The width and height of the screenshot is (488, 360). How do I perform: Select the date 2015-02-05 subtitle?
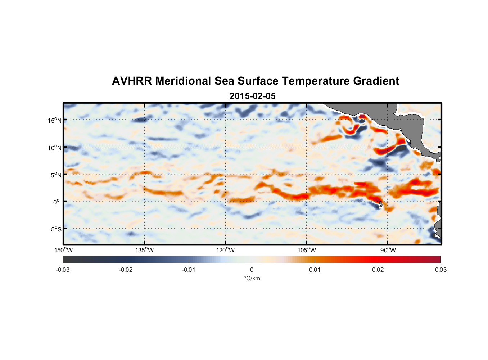pos(252,96)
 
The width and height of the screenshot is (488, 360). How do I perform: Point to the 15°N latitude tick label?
pos(54,120)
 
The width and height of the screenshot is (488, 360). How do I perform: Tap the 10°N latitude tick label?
pos(54,148)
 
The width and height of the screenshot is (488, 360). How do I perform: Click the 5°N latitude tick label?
pos(55,175)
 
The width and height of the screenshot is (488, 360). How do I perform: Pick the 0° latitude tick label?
pos(57,202)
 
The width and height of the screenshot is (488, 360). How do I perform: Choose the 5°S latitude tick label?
pos(55,229)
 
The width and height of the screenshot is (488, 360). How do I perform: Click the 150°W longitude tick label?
pos(63,250)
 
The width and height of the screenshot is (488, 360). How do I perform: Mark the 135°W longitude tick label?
pos(144,250)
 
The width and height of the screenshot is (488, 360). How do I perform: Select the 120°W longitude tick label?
pos(225,250)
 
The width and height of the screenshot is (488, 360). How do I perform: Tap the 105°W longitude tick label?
pos(307,250)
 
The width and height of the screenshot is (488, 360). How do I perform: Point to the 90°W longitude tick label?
pos(388,250)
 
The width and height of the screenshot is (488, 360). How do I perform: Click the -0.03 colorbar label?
pos(63,270)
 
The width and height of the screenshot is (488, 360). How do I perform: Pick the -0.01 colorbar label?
pos(188,270)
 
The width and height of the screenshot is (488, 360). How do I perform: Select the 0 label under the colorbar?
pos(252,270)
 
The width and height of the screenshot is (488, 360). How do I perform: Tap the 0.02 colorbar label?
pos(378,270)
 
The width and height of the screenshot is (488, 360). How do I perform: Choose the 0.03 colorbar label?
pos(440,270)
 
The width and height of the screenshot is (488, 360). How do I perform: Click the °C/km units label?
pos(252,278)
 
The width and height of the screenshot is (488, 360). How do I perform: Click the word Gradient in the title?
pos(376,81)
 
